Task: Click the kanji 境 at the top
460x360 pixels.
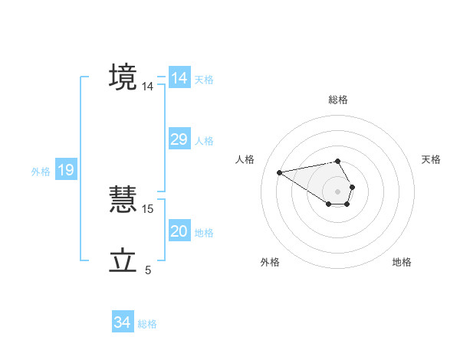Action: [x=123, y=77]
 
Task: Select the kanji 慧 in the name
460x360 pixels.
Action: [x=123, y=200]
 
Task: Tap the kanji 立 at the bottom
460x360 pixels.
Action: [x=123, y=261]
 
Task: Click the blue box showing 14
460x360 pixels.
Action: [x=179, y=78]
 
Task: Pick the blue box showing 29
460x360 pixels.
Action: [x=179, y=139]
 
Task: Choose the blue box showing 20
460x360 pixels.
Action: [x=179, y=231]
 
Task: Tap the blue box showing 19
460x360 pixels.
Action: [x=66, y=170]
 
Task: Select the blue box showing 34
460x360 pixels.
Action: [x=123, y=322]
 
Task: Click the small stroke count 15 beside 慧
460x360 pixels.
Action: [x=148, y=208]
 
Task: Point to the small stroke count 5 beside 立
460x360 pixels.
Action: [x=148, y=270]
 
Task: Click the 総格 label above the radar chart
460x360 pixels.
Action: [x=338, y=100]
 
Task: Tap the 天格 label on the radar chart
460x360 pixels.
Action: [x=432, y=159]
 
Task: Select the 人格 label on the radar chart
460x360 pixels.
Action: [x=245, y=159]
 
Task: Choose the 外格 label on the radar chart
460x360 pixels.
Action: [x=269, y=262]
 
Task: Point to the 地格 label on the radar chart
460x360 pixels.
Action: [x=402, y=262]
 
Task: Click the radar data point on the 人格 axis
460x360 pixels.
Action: [x=280, y=172]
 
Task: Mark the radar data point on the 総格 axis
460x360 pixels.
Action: [x=338, y=161]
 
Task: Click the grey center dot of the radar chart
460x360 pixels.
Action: [x=338, y=191]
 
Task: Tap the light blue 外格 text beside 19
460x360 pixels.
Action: [x=41, y=172]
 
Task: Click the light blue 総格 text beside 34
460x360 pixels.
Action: [x=147, y=324]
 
